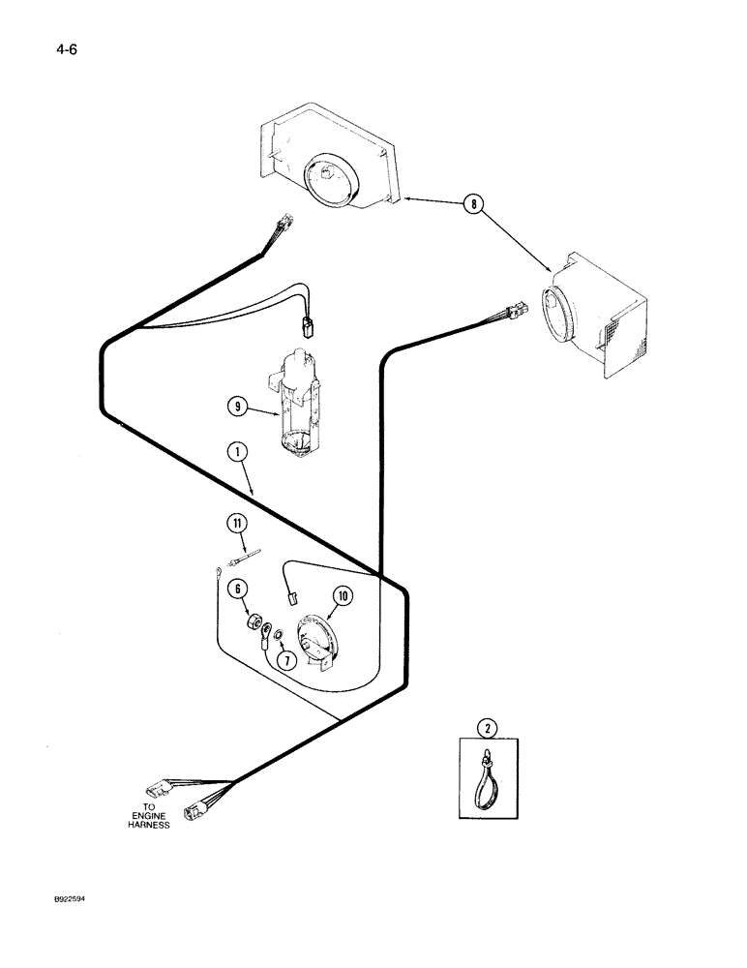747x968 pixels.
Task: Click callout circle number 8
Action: click(471, 203)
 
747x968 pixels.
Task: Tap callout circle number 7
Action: click(284, 660)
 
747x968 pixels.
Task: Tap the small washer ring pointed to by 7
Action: click(278, 635)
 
